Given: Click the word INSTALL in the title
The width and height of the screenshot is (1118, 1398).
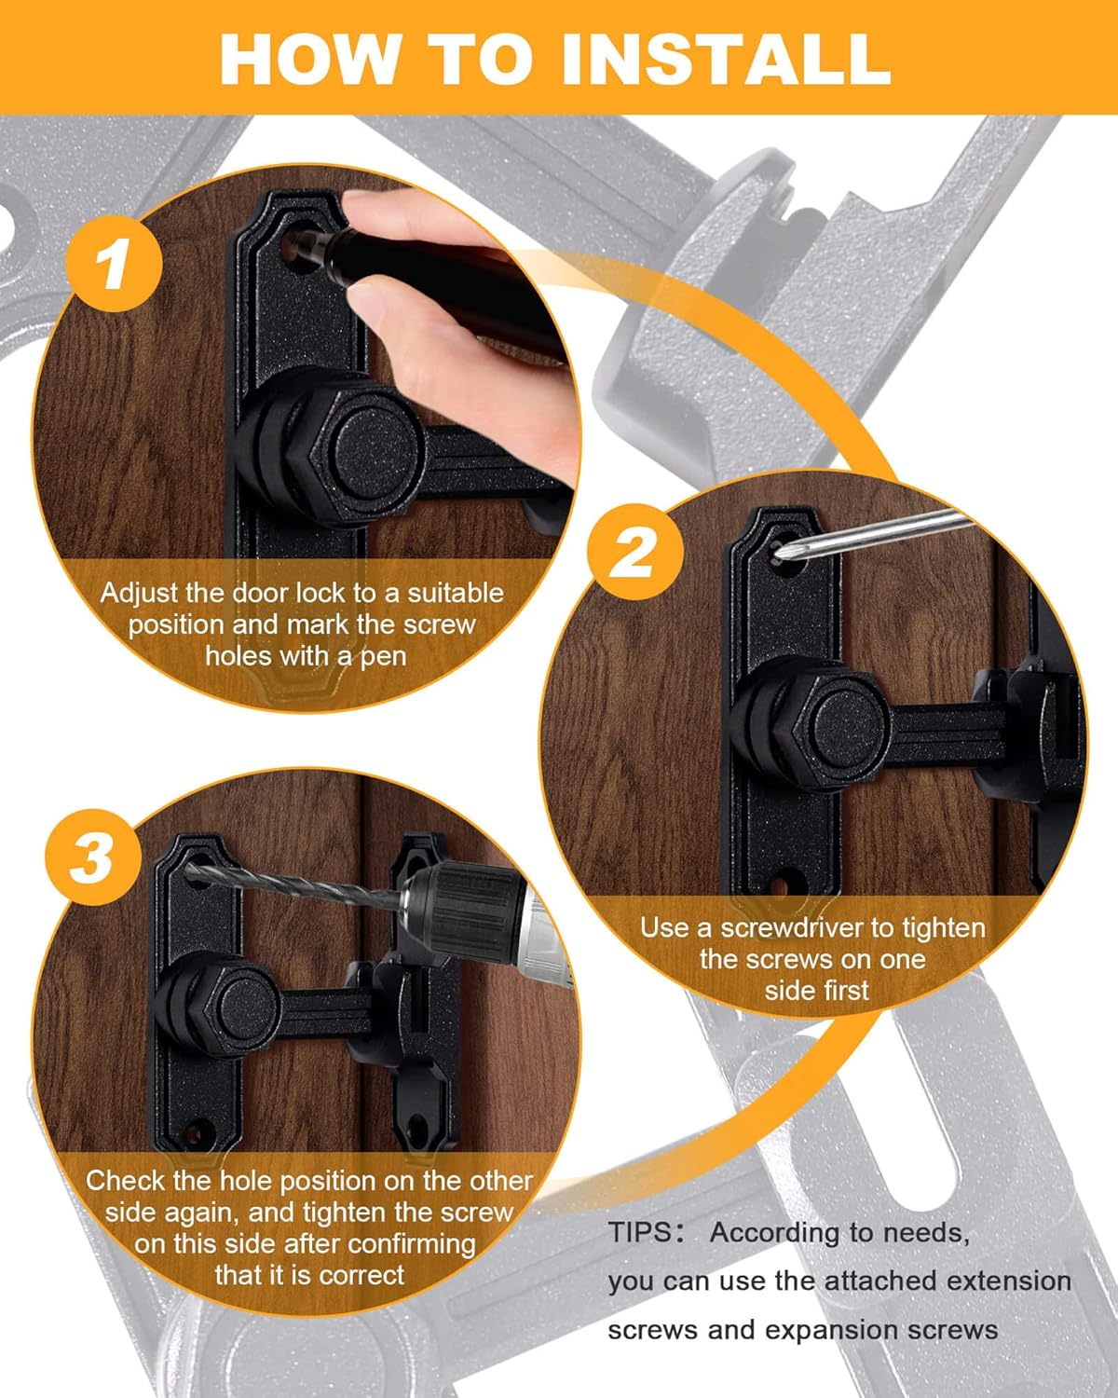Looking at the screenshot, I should tap(726, 58).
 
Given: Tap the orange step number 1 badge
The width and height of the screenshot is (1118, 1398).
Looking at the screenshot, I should tap(114, 265).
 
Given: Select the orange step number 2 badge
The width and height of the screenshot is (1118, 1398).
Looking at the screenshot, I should tap(634, 554).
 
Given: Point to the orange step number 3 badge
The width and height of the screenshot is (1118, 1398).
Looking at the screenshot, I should tap(92, 857).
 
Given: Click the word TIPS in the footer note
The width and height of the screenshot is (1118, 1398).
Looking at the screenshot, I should tap(639, 1232).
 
